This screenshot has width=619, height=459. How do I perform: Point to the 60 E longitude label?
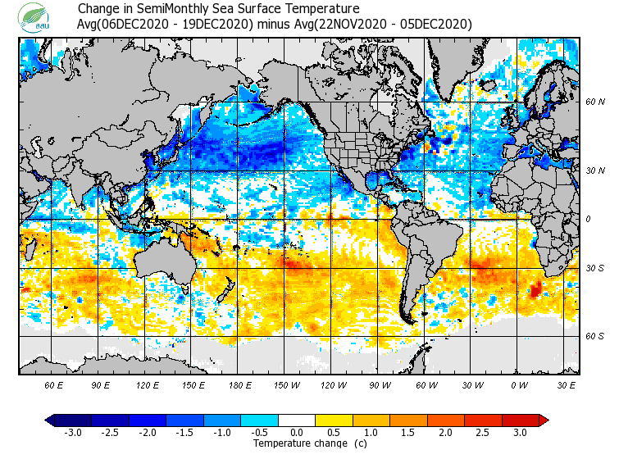tap(55, 384)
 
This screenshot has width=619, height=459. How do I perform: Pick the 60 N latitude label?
tap(594, 102)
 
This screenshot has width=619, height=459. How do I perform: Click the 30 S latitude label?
tap(594, 269)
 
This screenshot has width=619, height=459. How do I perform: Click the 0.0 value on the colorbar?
tap(297, 433)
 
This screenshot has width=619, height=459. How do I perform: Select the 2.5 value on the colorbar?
tap(482, 433)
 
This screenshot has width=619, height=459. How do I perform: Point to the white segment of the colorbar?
tap(297, 420)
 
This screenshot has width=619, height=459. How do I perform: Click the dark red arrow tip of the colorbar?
tap(544, 420)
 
